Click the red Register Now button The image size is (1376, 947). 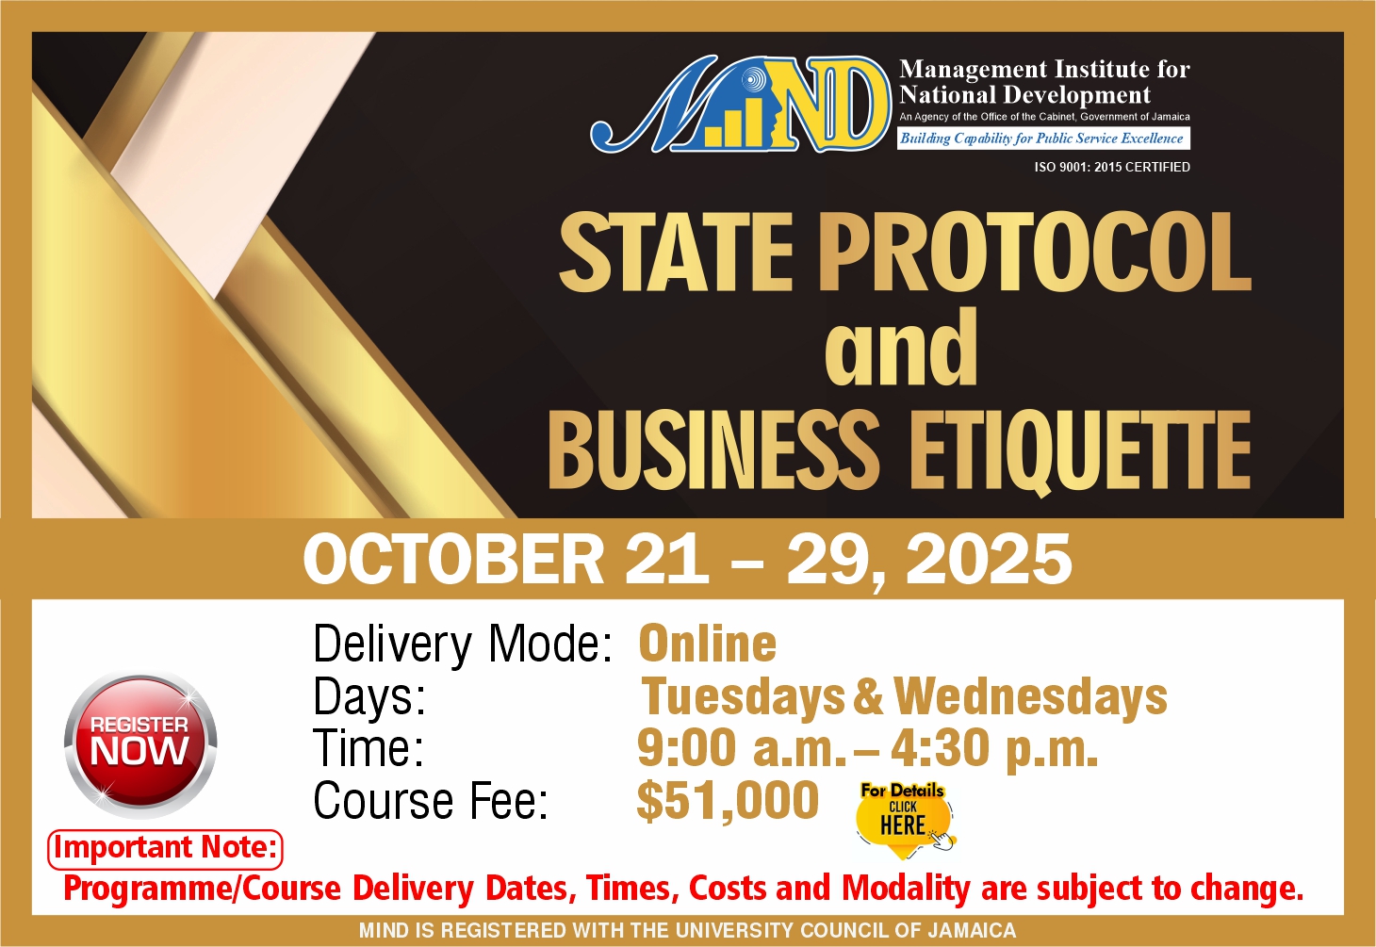click(140, 745)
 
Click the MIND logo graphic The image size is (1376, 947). click(741, 104)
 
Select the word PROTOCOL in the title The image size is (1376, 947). click(1034, 253)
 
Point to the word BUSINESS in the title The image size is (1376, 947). click(714, 450)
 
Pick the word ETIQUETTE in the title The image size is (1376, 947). click(1080, 452)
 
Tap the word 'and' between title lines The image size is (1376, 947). click(901, 349)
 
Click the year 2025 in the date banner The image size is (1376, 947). click(989, 560)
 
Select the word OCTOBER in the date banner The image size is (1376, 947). click(454, 560)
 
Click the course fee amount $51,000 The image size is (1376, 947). click(728, 800)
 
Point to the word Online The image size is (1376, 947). click(708, 644)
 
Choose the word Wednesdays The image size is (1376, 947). click(1030, 696)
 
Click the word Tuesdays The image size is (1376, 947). click(744, 696)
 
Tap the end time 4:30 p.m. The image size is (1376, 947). click(994, 748)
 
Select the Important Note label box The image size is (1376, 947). click(165, 849)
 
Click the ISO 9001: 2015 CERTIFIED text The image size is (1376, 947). click(1112, 167)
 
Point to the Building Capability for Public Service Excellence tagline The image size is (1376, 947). click(1043, 139)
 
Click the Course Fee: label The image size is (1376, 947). click(431, 801)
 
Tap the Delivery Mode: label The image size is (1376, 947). click(463, 645)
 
